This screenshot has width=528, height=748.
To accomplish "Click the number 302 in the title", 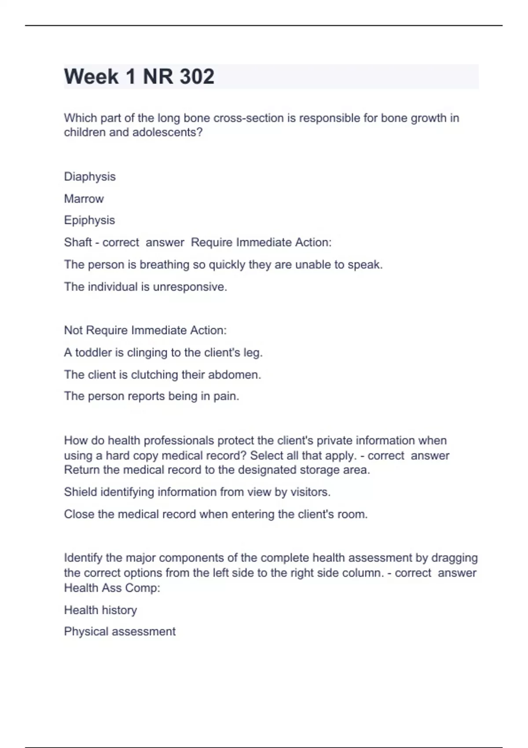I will tap(197, 77).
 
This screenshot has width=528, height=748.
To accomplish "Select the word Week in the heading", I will tap(91, 77).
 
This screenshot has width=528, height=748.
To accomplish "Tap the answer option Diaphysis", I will tap(90, 177).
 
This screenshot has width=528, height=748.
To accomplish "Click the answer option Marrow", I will tap(84, 199).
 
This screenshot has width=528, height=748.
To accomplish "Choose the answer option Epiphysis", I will tap(89, 220).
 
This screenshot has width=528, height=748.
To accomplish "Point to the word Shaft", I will tap(78, 242).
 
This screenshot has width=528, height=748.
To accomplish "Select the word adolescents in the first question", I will tap(167, 132).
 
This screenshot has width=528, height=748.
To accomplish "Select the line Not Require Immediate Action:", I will tap(145, 330).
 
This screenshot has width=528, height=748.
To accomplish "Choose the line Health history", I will tap(100, 610).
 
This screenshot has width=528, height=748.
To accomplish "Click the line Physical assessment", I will tap(120, 632).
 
